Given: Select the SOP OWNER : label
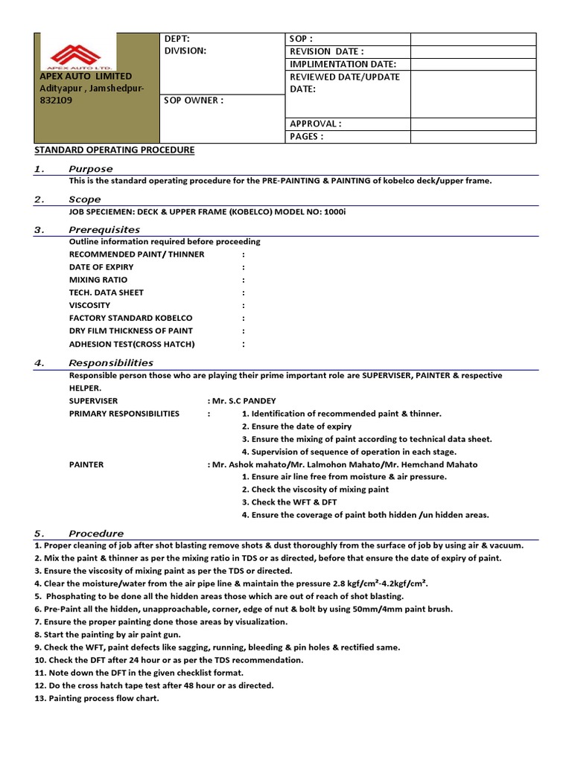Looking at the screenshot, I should pos(194,100).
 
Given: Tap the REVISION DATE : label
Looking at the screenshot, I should pos(326,51).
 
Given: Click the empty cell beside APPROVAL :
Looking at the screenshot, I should pos(473,124).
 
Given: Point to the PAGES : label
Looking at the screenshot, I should pos(307,137).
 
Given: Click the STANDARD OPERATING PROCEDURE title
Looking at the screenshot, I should pos(115,150).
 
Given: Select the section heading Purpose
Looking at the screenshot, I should pos(90,169).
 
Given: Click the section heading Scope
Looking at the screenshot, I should pos(84,199).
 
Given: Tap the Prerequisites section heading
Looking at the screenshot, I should pos(104,230).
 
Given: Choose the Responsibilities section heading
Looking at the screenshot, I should pos(110,363).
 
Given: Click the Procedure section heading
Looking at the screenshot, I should pos(96,534).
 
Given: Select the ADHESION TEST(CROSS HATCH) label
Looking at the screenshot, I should pos(131,344).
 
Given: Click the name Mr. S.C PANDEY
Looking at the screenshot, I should pos(244,401).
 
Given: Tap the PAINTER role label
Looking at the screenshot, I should pos(86,464).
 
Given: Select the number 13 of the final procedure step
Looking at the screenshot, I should pos(39,698).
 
